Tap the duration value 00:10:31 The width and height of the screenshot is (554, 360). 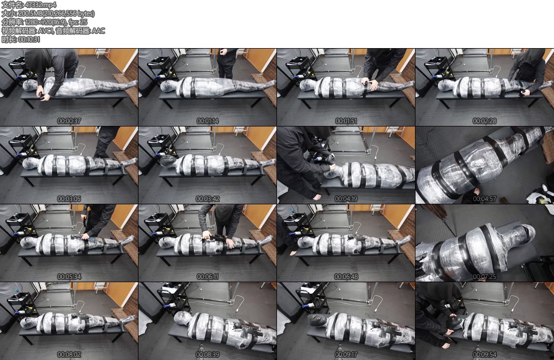[x=29, y=39]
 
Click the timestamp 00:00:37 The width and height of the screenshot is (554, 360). [x=69, y=121]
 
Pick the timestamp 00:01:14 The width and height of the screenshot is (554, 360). [x=207, y=121]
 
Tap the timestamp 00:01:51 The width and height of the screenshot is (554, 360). [x=346, y=121]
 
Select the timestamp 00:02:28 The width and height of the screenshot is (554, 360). [x=484, y=121]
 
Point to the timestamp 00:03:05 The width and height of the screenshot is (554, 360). [x=69, y=199]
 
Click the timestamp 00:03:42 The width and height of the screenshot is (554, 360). [x=207, y=199]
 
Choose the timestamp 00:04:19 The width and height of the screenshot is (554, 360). [x=346, y=199]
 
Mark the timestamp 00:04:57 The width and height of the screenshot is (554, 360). [x=484, y=199]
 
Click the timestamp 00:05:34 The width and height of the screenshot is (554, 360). [x=69, y=277]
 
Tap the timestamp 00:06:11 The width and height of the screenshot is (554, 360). [x=207, y=277]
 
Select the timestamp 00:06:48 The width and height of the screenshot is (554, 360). [x=346, y=277]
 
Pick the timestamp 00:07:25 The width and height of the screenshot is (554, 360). [x=484, y=277]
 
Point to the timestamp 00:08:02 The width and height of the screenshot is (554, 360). [x=69, y=355]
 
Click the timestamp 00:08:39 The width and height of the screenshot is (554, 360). [x=207, y=355]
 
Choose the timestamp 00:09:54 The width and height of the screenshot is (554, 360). [x=484, y=355]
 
